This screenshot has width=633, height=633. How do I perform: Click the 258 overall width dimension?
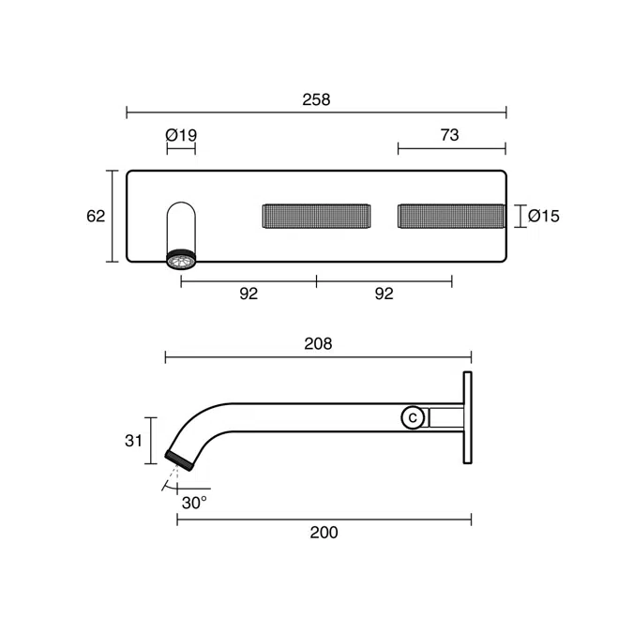316,99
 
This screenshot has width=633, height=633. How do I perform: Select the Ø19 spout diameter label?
181,135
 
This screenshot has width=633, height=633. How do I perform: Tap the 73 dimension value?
449,135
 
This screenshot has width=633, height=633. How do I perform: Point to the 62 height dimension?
96,216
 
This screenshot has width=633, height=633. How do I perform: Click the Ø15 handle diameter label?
544,216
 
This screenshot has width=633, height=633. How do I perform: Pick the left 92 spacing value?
249,294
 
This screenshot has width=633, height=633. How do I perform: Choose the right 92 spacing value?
384,294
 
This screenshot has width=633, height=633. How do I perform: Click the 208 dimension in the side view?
318,344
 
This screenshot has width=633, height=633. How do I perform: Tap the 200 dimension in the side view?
324,533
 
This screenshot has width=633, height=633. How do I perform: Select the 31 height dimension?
133,441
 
